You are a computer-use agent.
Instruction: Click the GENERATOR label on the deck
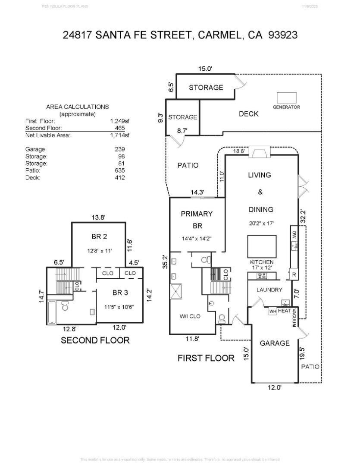(x=286, y=107)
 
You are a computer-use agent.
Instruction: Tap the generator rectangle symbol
(x=287, y=98)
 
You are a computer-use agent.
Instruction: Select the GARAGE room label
(x=275, y=343)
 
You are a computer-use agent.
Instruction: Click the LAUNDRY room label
(x=269, y=290)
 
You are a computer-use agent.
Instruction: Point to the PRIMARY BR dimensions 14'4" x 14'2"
(x=197, y=238)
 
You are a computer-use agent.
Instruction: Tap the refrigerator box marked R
(x=294, y=274)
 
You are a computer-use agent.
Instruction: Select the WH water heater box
(x=272, y=311)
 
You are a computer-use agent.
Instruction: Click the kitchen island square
(x=262, y=246)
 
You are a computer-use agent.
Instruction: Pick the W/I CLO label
(x=190, y=316)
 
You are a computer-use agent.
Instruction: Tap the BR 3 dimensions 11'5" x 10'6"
(x=120, y=307)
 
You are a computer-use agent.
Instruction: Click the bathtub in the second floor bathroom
(x=52, y=312)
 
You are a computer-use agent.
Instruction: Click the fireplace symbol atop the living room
(x=260, y=153)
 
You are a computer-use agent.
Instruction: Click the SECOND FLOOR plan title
(x=95, y=340)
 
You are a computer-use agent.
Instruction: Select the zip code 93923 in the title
(x=283, y=35)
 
